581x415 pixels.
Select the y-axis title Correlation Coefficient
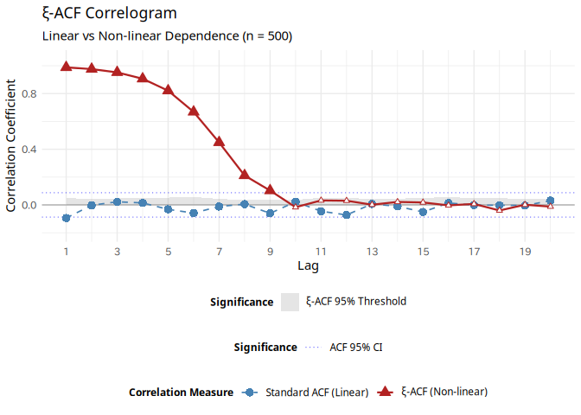coord(11,145)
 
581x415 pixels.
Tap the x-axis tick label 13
coord(372,252)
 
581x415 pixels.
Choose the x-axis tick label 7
coord(219,252)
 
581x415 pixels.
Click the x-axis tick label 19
coord(525,252)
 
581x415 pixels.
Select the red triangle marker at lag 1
coord(66,67)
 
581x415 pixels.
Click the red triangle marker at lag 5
coord(168,90)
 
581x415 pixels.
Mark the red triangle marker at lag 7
coord(219,141)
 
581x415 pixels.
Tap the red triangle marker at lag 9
coord(270,189)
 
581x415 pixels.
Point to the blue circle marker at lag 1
coord(66,218)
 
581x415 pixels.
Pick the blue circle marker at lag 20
coord(550,201)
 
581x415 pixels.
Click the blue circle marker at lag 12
coord(346,214)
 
